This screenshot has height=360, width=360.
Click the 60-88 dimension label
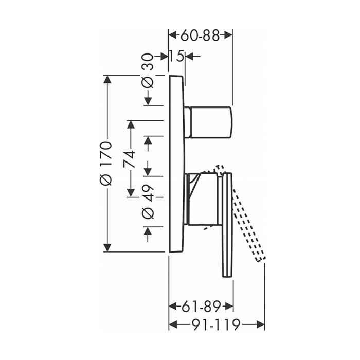click(x=200, y=35)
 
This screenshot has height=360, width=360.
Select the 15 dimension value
click(x=177, y=56)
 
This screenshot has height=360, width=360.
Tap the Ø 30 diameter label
click(x=148, y=71)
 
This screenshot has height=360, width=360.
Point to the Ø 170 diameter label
click(x=106, y=164)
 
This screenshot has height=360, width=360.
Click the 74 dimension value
click(x=130, y=159)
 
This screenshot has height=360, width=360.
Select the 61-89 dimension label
click(x=201, y=307)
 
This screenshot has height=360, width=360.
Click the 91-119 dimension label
click(x=216, y=325)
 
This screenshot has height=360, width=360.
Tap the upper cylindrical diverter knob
click(x=208, y=122)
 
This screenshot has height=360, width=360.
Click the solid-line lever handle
click(x=227, y=225)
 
